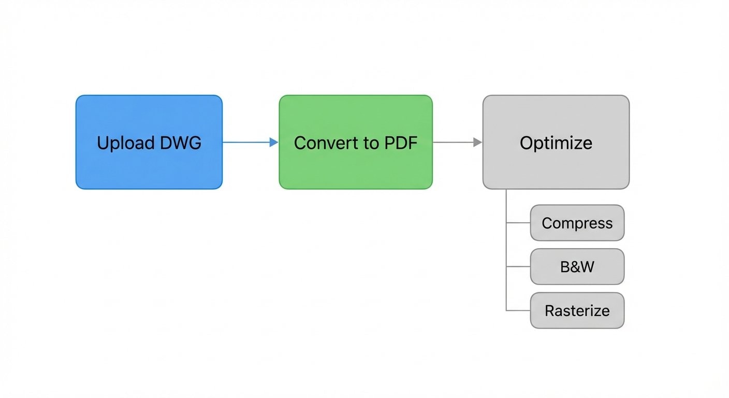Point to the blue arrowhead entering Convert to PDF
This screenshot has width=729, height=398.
pos(274,142)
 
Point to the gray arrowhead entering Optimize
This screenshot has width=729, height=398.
pos(477,142)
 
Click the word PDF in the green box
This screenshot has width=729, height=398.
pos(400,143)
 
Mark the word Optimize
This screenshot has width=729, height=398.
pos(556,143)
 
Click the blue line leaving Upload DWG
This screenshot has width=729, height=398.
pos(246,142)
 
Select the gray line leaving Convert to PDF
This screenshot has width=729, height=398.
pos(451,142)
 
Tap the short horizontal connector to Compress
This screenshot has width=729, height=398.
pos(518,223)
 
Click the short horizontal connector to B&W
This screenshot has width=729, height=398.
pos(518,267)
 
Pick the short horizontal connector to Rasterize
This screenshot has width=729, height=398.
pos(518,310)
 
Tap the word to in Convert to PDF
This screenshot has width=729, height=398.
pos(370,143)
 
